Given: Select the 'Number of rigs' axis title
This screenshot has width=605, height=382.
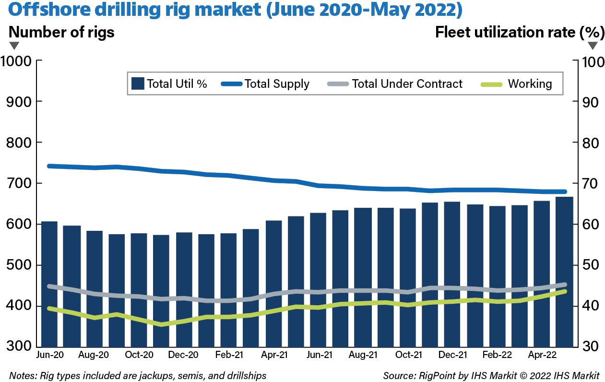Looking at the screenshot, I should click(61, 33).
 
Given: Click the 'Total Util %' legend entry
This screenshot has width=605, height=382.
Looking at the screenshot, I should click(169, 84).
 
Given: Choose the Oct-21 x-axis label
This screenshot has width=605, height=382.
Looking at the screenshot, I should click(408, 356).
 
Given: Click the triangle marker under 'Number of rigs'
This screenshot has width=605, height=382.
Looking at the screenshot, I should click(14, 46).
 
